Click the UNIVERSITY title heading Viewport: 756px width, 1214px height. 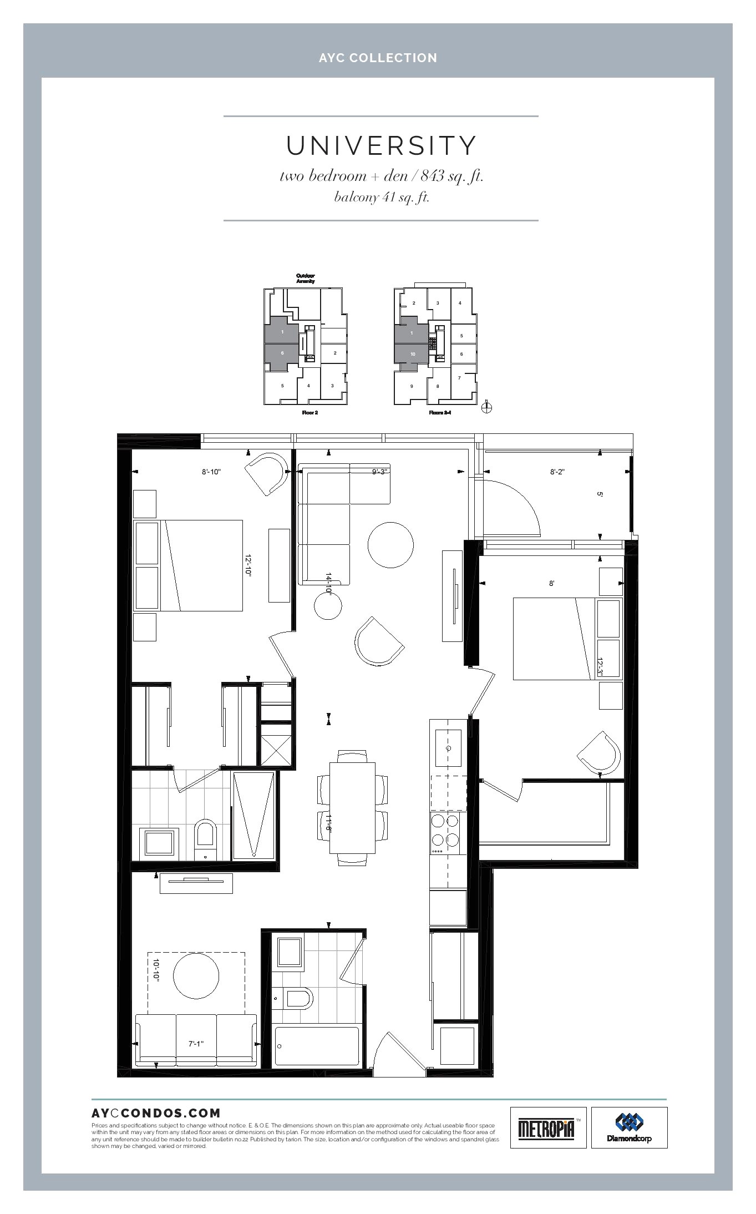click(x=381, y=145)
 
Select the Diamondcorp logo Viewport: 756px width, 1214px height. click(x=629, y=1127)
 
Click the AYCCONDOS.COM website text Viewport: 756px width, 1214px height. click(x=156, y=1112)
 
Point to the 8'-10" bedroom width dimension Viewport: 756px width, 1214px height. click(x=211, y=472)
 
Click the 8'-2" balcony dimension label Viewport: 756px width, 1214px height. click(x=557, y=472)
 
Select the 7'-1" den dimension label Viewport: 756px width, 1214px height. click(x=196, y=1044)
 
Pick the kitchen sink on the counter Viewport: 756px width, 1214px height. click(x=448, y=747)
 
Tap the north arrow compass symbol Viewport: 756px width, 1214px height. click(x=487, y=407)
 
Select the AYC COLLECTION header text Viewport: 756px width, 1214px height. click(x=378, y=58)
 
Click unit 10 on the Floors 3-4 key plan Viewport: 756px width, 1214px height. click(x=413, y=354)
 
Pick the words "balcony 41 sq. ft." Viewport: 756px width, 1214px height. click(x=381, y=198)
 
